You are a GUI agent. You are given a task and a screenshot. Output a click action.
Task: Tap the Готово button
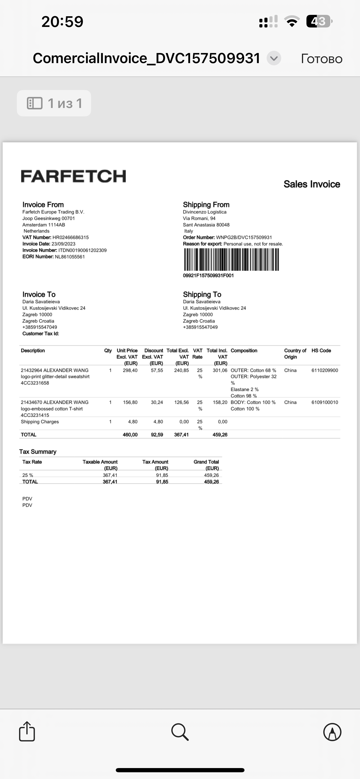tap(321, 59)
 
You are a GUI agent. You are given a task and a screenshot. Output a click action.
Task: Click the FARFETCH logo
tap(73, 176)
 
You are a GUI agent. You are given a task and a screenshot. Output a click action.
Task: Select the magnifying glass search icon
tap(180, 732)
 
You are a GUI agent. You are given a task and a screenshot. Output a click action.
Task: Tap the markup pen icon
tap(332, 732)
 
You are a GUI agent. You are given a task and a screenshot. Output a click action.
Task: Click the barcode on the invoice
tap(231, 259)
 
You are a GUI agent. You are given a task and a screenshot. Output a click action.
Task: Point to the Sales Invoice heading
tap(312, 184)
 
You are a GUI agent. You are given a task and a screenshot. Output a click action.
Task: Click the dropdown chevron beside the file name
tap(274, 58)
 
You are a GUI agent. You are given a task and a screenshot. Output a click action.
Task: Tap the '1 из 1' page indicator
tap(54, 103)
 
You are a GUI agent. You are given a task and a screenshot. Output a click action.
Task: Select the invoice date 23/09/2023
tap(63, 244)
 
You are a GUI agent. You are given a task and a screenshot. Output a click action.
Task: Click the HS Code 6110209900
tap(325, 370)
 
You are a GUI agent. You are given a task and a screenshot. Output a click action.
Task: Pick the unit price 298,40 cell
tap(130, 370)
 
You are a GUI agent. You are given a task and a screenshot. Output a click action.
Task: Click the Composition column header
tap(244, 351)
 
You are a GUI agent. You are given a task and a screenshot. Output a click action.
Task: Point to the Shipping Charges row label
tap(40, 421)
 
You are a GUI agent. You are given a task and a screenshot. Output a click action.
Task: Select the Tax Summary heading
tap(38, 451)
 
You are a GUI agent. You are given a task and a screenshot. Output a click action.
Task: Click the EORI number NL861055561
tap(70, 257)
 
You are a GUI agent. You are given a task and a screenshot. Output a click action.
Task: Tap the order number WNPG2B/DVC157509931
tap(244, 238)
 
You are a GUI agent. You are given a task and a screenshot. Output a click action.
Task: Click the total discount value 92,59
tap(157, 435)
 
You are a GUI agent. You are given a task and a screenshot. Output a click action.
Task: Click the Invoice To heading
tap(39, 294)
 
